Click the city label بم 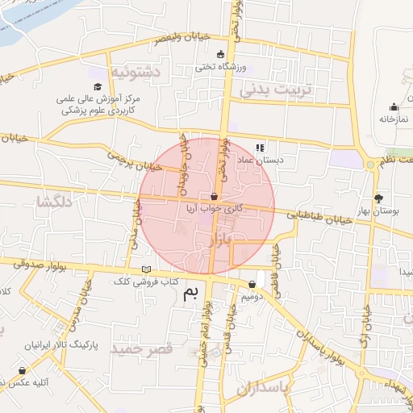[191, 292]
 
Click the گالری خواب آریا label [213, 207]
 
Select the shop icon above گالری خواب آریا [214, 196]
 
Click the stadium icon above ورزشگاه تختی [220, 54]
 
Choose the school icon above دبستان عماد [260, 148]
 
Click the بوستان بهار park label [379, 210]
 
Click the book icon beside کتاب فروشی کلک [145, 269]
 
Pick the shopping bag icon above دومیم [254, 284]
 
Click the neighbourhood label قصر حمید [144, 348]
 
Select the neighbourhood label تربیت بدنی [281, 90]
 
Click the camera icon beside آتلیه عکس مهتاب [21, 371]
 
